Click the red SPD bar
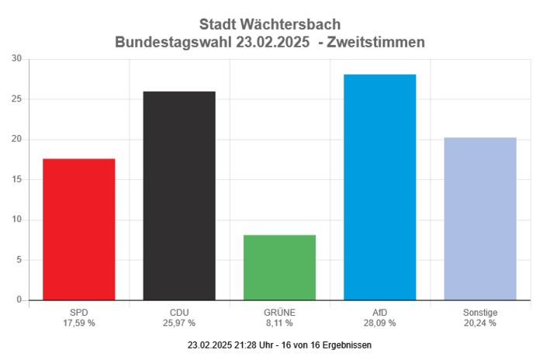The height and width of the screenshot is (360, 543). click(x=79, y=229)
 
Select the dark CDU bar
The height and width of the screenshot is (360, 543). click(x=179, y=196)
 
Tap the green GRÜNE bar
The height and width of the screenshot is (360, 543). click(x=279, y=267)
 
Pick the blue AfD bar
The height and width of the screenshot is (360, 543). click(x=380, y=187)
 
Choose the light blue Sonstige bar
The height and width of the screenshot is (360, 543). click(x=480, y=219)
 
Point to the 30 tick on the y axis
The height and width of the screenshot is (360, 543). click(x=16, y=59)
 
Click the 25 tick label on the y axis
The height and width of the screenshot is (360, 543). click(x=16, y=99)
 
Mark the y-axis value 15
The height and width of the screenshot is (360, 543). click(x=16, y=179)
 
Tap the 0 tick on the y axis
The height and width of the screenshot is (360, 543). click(x=19, y=300)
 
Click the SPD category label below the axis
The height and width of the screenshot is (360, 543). click(x=79, y=312)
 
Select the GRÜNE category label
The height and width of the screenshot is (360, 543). click(x=279, y=312)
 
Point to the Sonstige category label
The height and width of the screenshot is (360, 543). click(x=480, y=312)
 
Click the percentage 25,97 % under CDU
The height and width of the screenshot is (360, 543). click(x=179, y=323)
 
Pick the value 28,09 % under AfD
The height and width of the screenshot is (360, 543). click(x=380, y=323)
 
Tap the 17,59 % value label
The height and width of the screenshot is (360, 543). click(x=79, y=323)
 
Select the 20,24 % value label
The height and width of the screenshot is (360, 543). click(x=480, y=323)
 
